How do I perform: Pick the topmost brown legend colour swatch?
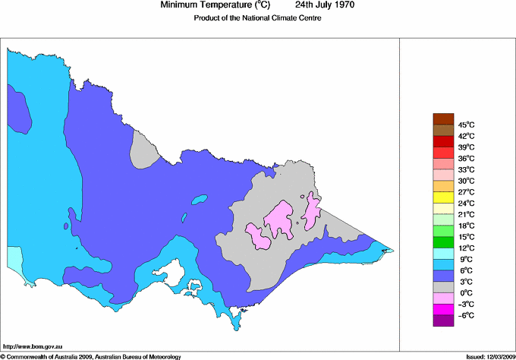coord(442,118)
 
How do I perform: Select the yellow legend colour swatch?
coord(442,197)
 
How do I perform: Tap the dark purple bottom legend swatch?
coord(442,321)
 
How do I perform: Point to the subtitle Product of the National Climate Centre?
coord(258,18)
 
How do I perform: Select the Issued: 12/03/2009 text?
coord(486,355)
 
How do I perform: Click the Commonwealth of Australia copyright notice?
coord(91,355)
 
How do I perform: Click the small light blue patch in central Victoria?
coord(200,201)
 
